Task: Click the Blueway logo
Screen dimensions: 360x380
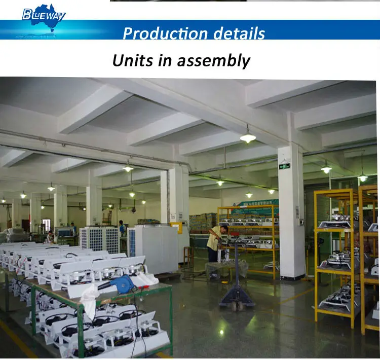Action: pyautogui.click(x=44, y=15)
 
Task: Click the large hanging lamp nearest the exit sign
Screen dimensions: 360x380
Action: pyautogui.click(x=248, y=137)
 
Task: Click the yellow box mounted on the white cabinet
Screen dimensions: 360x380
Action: pyautogui.click(x=177, y=228)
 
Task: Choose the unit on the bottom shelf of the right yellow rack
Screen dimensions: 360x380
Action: pyautogui.click(x=334, y=302)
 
